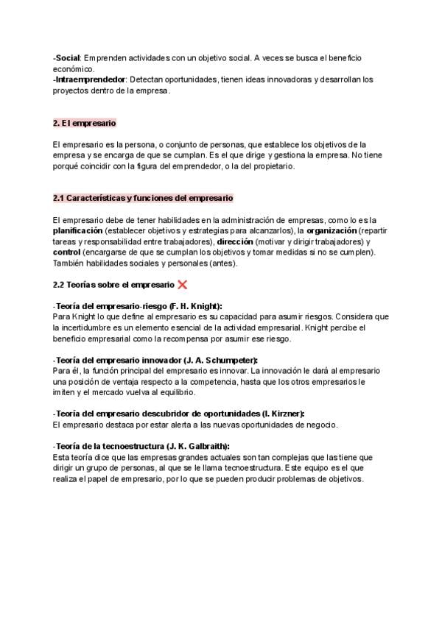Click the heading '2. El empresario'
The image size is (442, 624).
pos(85,123)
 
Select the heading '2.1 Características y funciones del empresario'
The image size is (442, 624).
pos(143,198)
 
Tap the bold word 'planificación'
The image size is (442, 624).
pos(77,230)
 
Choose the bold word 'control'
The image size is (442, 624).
pos(66,252)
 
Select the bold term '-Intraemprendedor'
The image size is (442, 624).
pos(89,79)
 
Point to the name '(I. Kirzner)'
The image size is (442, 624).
pos(283,414)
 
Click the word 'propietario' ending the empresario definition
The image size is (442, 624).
pos(267,166)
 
